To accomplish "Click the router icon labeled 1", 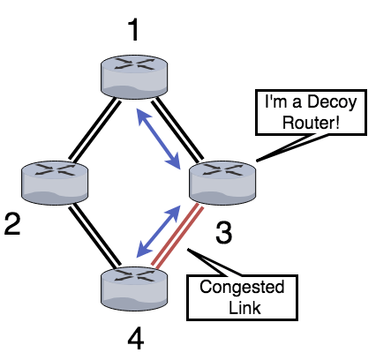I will click(132, 76).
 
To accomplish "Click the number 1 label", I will click(133, 31).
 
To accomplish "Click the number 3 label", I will click(225, 234).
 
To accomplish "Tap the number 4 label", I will click(133, 337).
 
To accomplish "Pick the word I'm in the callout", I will click(272, 102).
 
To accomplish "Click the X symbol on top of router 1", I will click(132, 65).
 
